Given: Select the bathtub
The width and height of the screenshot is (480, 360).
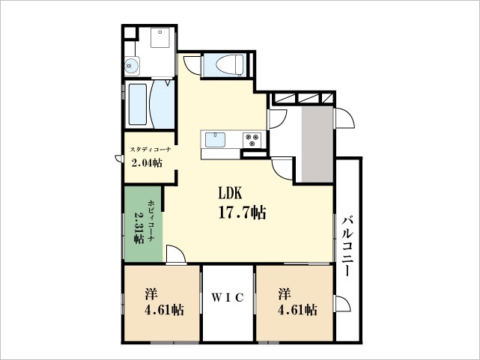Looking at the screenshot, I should coord(138,104).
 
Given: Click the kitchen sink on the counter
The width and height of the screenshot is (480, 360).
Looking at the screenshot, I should coord(216,139).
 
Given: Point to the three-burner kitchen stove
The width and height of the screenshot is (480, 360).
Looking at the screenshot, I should coord(250,138).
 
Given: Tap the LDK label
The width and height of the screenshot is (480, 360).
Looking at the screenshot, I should coord(231,192).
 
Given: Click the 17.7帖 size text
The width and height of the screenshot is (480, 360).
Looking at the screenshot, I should coord(242,213).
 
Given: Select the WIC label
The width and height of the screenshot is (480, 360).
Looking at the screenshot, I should coord(228,297).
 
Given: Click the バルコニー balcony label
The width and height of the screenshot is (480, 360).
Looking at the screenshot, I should coord(347,246).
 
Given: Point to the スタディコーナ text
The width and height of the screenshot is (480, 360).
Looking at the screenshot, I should coord(151,150).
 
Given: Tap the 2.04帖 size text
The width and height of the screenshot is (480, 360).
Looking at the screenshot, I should coord(146,163).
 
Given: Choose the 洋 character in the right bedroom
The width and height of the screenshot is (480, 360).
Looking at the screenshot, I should coord(285,293).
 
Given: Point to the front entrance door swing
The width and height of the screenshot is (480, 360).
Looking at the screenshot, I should coord(344,118).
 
